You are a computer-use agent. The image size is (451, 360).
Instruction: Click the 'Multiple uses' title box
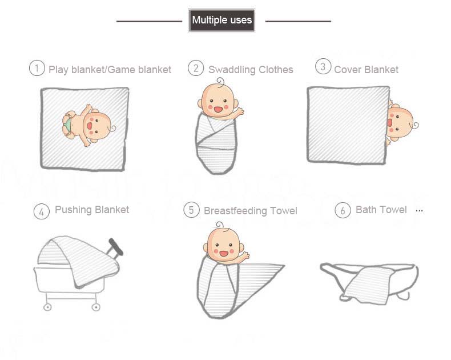[222, 20]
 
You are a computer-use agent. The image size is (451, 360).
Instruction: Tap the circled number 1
[37, 68]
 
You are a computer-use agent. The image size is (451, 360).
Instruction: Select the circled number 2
[196, 68]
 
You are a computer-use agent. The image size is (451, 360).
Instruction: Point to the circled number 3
[323, 66]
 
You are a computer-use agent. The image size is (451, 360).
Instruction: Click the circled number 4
[42, 211]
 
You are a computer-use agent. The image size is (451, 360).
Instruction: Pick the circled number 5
[191, 210]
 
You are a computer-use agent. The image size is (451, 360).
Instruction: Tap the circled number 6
[343, 210]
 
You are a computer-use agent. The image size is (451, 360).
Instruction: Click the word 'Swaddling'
[232, 70]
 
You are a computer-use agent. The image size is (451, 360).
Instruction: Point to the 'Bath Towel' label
[381, 210]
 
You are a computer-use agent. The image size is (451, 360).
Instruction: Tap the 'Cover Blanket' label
[366, 69]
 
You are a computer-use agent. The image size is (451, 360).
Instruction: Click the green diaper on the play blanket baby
[68, 125]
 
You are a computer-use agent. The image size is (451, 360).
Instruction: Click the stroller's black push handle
[116, 247]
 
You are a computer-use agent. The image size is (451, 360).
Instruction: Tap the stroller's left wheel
[47, 307]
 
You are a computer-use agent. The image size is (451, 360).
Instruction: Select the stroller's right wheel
[96, 307]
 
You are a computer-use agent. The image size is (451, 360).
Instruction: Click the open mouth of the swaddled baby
[218, 110]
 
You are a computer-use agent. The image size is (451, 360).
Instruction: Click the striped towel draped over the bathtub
[368, 285]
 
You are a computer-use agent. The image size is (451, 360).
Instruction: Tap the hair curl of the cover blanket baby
[416, 125]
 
